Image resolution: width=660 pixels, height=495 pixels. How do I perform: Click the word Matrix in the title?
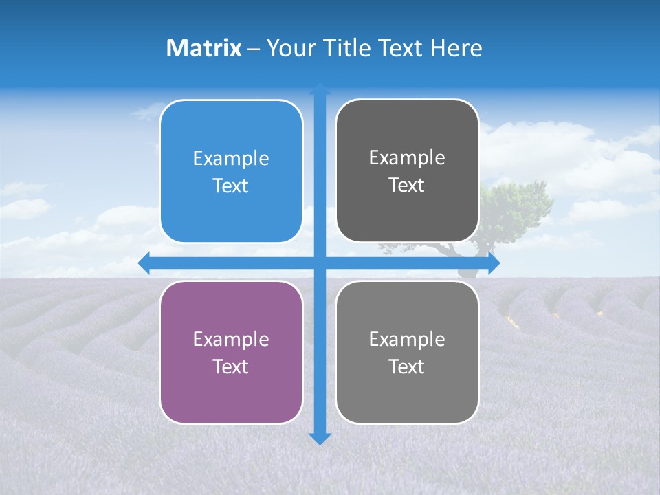pyautogui.click(x=203, y=48)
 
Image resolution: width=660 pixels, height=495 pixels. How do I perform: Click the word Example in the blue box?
pyautogui.click(x=231, y=159)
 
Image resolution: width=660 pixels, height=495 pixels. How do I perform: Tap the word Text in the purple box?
pyautogui.click(x=231, y=366)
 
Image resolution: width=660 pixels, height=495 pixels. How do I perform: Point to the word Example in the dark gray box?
pyautogui.click(x=407, y=158)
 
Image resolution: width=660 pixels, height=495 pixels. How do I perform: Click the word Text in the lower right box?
pyautogui.click(x=407, y=366)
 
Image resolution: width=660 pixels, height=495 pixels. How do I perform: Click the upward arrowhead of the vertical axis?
pyautogui.click(x=320, y=89)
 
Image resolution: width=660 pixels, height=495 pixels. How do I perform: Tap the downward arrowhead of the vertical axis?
pyautogui.click(x=320, y=439)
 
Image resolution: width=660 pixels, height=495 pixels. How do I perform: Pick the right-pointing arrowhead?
pyautogui.click(x=494, y=263)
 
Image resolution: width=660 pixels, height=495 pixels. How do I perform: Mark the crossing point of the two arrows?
pyautogui.click(x=320, y=263)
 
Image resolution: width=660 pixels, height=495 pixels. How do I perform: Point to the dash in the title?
pyautogui.click(x=254, y=49)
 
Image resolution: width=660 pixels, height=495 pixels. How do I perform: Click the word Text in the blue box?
pyautogui.click(x=231, y=186)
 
